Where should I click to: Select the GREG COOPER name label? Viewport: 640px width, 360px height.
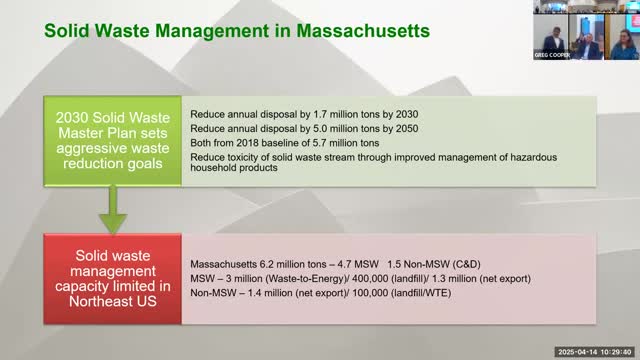click(552, 55)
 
